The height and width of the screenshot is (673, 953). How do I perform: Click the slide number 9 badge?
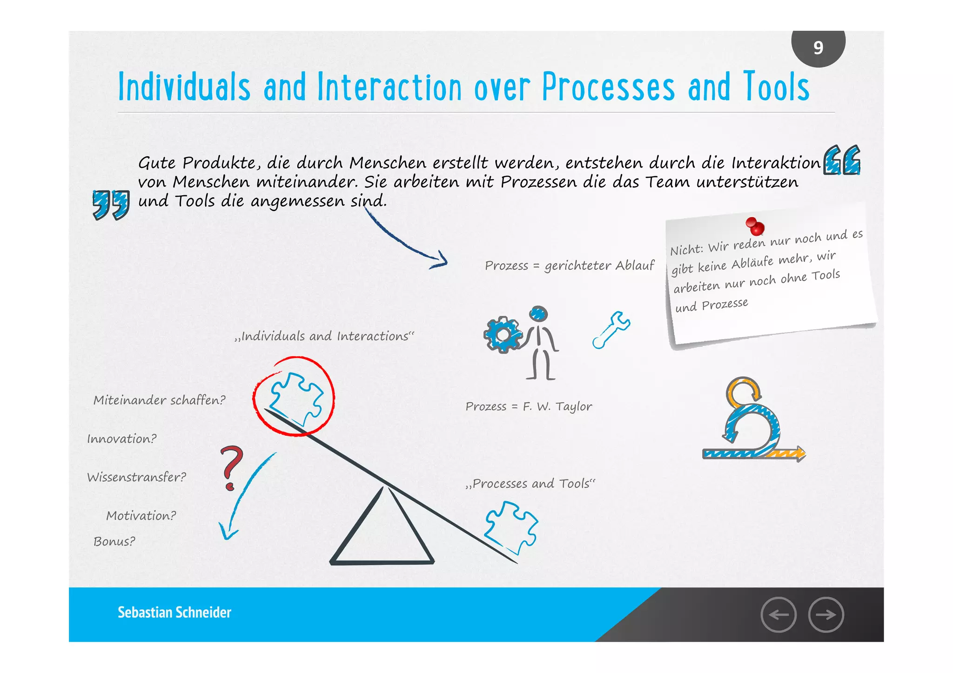click(x=818, y=47)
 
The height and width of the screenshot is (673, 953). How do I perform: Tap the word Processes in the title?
click(x=608, y=87)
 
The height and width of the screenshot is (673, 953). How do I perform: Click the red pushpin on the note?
click(x=755, y=226)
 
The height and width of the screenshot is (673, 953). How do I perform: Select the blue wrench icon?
click(x=611, y=330)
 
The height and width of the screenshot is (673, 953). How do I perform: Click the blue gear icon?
click(x=503, y=334)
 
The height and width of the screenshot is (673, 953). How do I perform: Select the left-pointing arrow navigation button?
click(x=779, y=615)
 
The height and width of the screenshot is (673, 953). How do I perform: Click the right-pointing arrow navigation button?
click(x=826, y=615)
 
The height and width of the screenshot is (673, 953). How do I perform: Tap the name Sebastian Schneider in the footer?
click(x=174, y=613)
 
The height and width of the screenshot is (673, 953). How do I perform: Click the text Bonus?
click(x=114, y=541)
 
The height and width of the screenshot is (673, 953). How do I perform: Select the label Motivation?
click(x=141, y=516)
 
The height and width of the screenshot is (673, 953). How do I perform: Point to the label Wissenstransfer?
click(x=136, y=477)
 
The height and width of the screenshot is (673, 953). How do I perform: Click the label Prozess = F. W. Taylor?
click(x=529, y=406)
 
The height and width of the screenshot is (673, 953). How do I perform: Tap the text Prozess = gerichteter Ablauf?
click(x=569, y=266)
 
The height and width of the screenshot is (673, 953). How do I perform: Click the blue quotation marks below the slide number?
click(x=841, y=160)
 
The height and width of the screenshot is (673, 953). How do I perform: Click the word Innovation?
click(x=122, y=439)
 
